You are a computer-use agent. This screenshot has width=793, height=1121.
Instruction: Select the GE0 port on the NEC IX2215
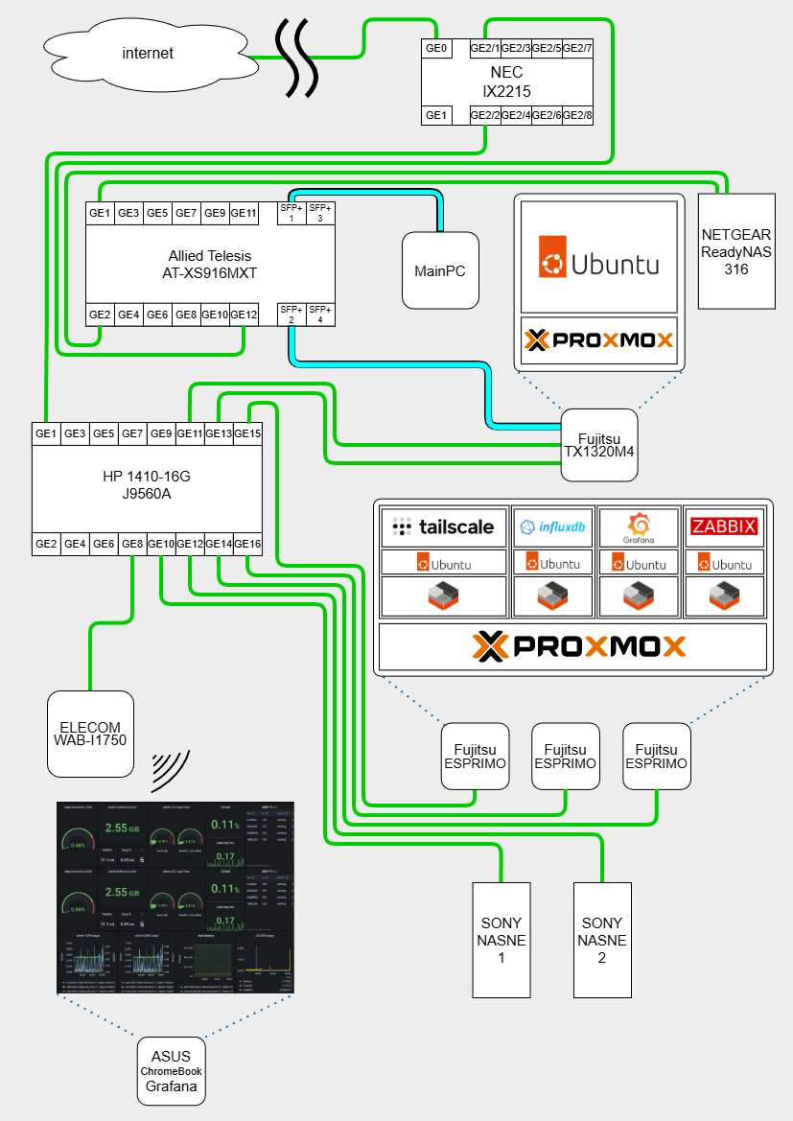[436, 48]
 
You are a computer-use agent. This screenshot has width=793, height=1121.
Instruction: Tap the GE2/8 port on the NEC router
[577, 115]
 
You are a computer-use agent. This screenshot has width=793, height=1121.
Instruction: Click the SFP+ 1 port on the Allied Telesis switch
[291, 213]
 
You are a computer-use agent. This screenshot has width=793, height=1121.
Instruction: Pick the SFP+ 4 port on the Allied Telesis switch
[319, 315]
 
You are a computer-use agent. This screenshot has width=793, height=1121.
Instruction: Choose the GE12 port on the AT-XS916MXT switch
[245, 315]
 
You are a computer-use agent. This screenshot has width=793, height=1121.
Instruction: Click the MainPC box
[440, 270]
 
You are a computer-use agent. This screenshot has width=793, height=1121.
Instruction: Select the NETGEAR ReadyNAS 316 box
[736, 250]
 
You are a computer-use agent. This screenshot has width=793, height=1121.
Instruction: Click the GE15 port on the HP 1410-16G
[247, 433]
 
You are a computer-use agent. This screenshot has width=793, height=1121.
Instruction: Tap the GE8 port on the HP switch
[132, 544]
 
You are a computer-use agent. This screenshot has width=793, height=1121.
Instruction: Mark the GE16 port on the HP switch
[247, 544]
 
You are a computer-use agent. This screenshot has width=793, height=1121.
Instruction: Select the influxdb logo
[553, 526]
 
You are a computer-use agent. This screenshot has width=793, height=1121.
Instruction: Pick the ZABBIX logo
[724, 526]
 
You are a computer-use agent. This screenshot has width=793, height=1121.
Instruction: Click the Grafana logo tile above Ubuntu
[639, 526]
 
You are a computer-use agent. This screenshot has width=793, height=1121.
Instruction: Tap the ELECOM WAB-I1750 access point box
[90, 734]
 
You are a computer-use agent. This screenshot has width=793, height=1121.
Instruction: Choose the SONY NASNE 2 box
[602, 939]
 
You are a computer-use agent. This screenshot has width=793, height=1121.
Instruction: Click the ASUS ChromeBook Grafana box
[171, 1071]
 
